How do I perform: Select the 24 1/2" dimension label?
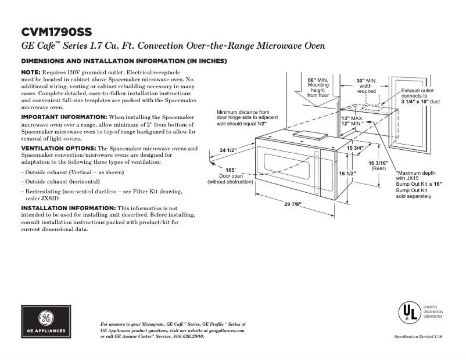point(228,151)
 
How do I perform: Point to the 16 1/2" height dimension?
point(347,174)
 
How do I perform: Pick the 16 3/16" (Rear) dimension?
point(378,165)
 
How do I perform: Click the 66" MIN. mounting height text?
point(318,87)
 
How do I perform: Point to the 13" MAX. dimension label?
point(352,118)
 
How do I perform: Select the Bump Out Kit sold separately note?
point(415,193)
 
